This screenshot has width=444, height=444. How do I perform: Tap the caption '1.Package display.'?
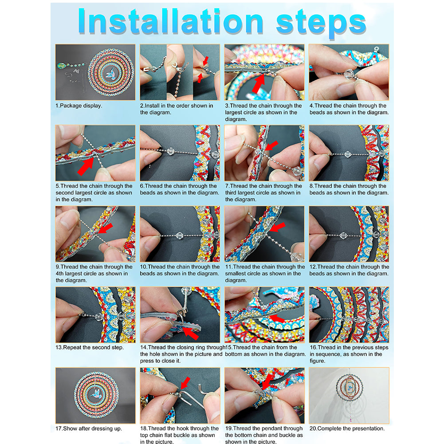coord(79,106)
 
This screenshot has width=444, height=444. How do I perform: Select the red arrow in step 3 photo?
coord(259,83)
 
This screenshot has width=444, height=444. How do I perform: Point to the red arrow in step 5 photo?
coord(86,166)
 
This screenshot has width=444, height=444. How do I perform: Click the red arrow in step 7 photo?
coord(271,146)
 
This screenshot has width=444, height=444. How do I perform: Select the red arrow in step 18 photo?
coord(185,383)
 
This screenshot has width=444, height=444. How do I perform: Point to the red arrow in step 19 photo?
coord(267,382)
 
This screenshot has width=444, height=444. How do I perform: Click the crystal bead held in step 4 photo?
coord(348,74)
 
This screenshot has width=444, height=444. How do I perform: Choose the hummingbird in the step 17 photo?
coord(97,394)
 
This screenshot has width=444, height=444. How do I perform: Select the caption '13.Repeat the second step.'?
coord(90,347)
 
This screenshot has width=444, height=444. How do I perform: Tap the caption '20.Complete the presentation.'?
coord(347,428)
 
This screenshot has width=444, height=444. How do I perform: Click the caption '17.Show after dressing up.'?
coord(89,428)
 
